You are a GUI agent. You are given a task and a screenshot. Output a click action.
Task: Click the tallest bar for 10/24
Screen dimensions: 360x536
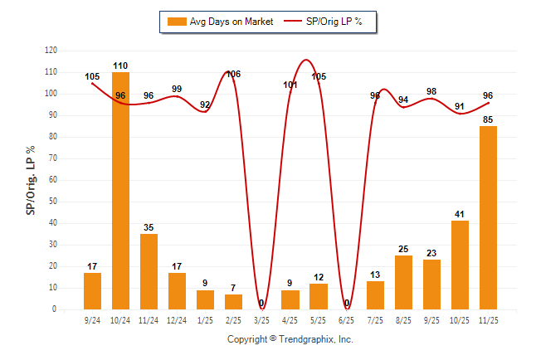point(120,191)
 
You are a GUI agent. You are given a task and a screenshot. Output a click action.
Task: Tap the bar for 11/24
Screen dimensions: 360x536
point(149,271)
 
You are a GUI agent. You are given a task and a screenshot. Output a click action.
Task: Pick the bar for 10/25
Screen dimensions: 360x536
point(460,265)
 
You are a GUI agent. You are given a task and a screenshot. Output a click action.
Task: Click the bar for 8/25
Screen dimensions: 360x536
point(403,282)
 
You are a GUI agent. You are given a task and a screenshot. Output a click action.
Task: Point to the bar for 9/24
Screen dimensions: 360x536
point(92,290)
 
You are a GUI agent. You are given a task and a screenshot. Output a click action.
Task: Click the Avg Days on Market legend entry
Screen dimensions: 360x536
point(218,22)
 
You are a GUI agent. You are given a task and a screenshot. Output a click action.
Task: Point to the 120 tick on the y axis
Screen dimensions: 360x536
point(51,51)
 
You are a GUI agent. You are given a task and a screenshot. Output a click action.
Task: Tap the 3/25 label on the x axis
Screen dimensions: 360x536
point(261,319)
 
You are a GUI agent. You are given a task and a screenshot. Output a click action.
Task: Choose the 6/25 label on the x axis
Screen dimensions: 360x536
point(347,319)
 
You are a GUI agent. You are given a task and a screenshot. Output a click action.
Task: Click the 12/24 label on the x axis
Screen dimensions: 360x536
point(177,319)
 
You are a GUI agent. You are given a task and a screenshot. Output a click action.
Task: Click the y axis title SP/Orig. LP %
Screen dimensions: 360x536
point(31,179)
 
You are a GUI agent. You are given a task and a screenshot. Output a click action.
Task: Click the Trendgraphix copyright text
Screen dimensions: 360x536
point(290,339)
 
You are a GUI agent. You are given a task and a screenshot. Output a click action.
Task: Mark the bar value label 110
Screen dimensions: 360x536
point(120,66)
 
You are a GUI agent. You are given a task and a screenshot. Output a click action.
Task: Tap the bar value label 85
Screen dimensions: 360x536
point(488,119)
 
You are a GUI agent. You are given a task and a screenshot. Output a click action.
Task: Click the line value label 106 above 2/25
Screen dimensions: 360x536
point(233,75)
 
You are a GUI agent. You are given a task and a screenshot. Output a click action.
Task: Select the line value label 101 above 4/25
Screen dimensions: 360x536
point(290,85)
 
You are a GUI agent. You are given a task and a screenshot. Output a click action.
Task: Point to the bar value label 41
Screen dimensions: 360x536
point(460,214)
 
